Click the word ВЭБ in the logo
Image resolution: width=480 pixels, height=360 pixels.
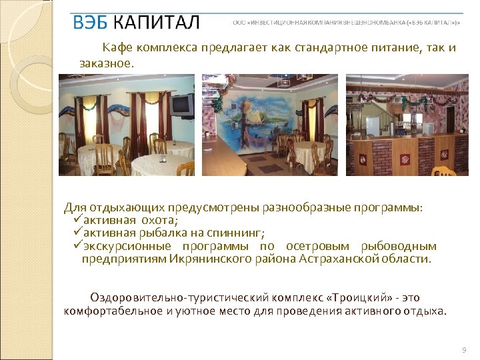(x=90, y=22)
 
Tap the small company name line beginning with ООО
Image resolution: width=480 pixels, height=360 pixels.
(x=346, y=22)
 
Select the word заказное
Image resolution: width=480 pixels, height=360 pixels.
(x=107, y=64)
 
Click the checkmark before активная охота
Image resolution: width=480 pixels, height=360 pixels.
(x=76, y=219)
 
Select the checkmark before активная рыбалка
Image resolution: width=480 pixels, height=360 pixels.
(x=76, y=232)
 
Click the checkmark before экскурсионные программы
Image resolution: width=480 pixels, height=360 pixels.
(x=76, y=245)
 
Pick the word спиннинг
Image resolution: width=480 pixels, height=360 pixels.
(x=237, y=233)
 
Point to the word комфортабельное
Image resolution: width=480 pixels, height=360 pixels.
(x=109, y=311)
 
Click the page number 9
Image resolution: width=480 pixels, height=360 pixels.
(x=463, y=350)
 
